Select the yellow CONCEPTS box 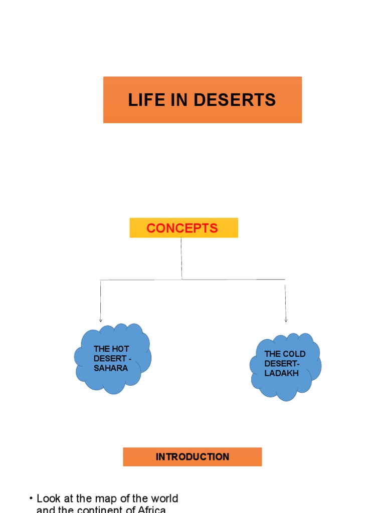183,228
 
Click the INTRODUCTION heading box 192,457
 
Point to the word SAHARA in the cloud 110,368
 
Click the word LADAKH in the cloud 281,373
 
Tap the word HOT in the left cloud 120,349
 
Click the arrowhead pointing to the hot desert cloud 101,320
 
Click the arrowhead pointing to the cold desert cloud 286,320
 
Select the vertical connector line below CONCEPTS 181,258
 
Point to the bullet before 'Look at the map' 31,498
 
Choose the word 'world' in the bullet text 163,499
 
